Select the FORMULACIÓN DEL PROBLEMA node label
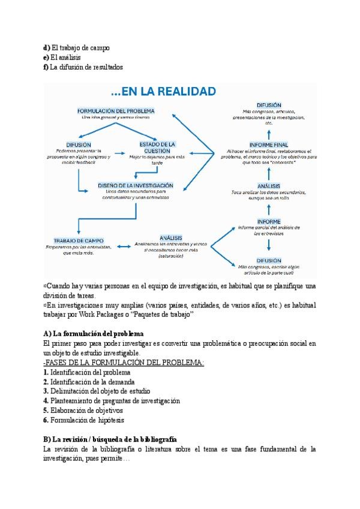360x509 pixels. [116, 111]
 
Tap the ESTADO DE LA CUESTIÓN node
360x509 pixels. [157, 148]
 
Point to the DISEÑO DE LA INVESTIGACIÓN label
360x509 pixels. [136, 185]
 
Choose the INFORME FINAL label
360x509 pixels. [268, 145]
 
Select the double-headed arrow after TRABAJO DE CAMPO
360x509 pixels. [124, 245]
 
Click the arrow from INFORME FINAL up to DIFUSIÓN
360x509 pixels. [269, 132]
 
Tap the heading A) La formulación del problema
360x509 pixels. [93, 333]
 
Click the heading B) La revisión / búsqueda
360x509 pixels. [110, 439]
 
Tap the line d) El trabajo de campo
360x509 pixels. [76, 47]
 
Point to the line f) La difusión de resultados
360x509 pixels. [83, 67]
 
